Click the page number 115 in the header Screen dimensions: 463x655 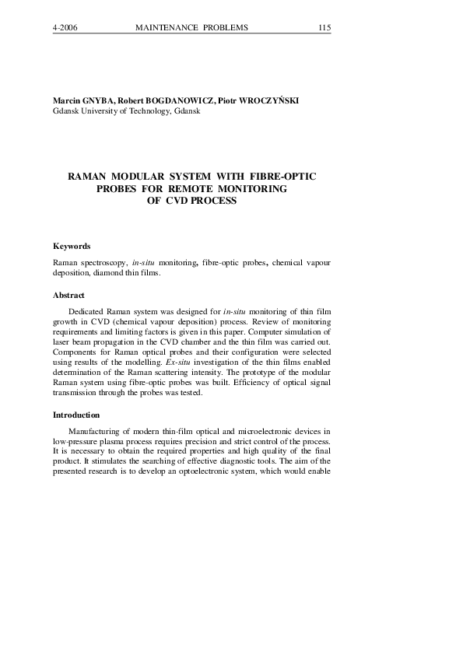click(324, 28)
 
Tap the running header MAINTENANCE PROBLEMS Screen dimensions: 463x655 click(191, 28)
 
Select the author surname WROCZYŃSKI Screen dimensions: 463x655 click(265, 101)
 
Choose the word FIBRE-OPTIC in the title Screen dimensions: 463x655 click(281, 177)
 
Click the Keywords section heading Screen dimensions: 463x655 click(72, 246)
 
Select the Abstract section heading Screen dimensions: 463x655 click(68, 296)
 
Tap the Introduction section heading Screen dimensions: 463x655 click(76, 415)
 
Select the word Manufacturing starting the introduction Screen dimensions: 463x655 click(96, 431)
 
